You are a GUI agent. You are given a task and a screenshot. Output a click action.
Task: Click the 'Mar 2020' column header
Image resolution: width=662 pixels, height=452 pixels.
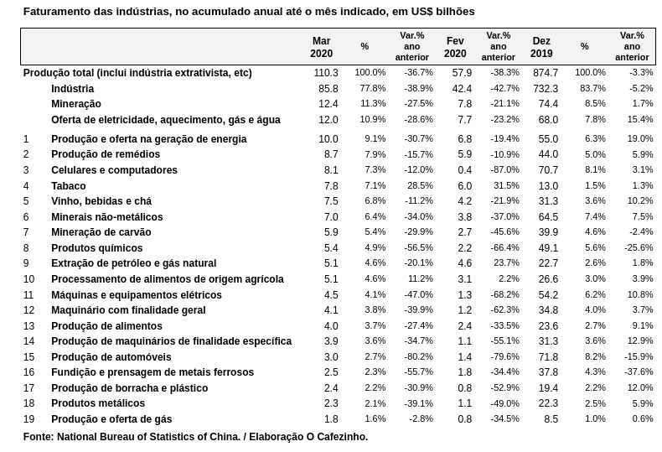pos(321,47)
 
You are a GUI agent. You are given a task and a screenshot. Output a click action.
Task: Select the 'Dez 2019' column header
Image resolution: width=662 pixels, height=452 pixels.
pos(541,47)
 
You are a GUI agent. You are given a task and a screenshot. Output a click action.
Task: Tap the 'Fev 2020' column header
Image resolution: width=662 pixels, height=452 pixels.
pos(455,47)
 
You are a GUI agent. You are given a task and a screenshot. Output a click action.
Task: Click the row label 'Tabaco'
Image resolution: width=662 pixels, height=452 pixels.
pos(69,186)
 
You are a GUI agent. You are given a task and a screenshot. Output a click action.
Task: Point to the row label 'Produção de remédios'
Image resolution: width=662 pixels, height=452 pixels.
pos(106,154)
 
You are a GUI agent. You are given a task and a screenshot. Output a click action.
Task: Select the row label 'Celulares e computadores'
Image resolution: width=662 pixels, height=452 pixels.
pos(114,170)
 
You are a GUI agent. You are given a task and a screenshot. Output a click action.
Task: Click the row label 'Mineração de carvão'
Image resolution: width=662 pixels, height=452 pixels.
pos(101,232)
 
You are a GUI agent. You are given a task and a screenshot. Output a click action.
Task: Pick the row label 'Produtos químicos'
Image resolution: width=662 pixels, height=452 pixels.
pos(97,248)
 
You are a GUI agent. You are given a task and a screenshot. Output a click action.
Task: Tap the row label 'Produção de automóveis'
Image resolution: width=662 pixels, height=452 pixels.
pos(111,357)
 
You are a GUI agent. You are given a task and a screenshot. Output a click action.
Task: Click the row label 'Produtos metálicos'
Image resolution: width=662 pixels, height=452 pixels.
pos(98,403)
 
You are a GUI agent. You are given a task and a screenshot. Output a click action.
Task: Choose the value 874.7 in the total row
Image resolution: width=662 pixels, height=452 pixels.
pos(546,73)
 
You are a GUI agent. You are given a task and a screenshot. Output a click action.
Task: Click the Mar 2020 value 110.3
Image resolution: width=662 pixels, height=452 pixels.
pos(326,73)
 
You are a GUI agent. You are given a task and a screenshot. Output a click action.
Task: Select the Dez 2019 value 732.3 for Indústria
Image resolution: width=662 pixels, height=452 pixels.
pos(546,89)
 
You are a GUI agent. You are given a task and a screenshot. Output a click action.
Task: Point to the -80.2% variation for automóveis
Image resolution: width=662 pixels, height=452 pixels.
pos(418,356)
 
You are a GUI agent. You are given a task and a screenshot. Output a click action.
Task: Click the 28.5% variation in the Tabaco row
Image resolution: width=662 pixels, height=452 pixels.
pos(420,185)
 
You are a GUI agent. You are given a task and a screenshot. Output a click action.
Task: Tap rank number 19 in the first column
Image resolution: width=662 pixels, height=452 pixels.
pos(28,419)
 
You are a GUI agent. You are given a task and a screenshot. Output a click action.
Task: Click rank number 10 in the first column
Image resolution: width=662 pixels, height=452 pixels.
pos(28,279)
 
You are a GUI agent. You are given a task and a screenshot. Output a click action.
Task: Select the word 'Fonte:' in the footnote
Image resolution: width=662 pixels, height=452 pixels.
pos(39,437)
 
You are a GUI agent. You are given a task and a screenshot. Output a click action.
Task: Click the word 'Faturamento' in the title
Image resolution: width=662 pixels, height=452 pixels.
pos(56,12)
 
